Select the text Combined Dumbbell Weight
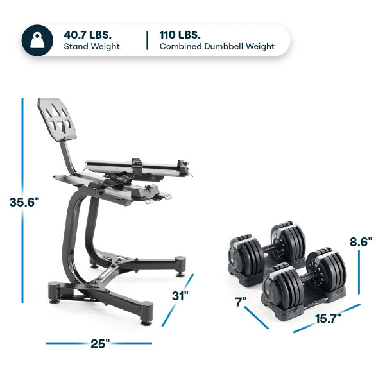(217, 47)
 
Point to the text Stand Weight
(91, 47)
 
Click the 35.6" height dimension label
(24, 202)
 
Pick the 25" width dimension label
(98, 343)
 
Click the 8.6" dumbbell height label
(362, 243)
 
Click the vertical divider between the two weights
(147, 40)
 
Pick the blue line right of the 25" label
(131, 343)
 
